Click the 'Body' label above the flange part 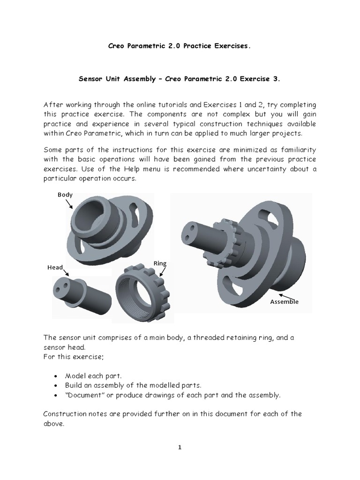click(x=65, y=194)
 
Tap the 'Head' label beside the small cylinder click(x=55, y=267)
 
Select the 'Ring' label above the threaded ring click(x=160, y=264)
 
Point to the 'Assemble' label click(x=284, y=302)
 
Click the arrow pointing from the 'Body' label click(x=69, y=203)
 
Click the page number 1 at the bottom click(x=180, y=447)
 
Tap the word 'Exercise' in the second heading click(x=253, y=80)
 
